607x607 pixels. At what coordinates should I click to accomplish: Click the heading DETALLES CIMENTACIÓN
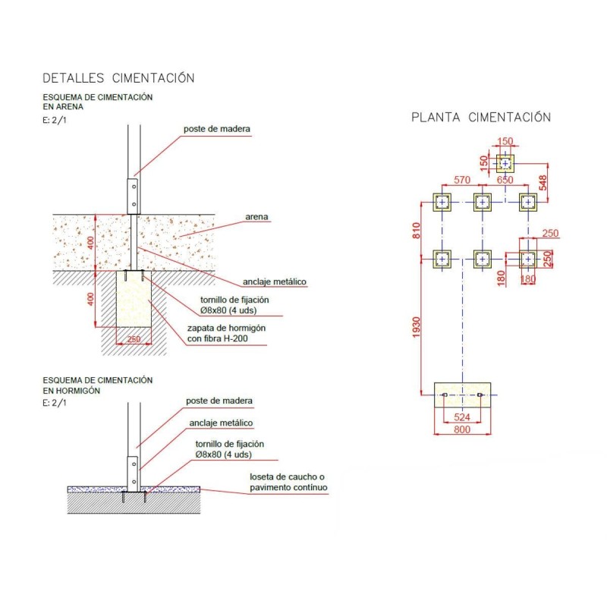click(119, 77)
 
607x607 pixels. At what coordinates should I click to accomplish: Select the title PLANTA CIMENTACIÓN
click(481, 118)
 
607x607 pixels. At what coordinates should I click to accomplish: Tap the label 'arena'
click(256, 217)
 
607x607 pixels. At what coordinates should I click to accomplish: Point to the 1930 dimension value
click(416, 328)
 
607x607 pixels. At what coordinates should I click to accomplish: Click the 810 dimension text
click(416, 231)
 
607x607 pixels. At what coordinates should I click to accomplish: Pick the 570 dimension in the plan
click(461, 181)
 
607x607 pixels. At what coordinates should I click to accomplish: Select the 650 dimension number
click(505, 181)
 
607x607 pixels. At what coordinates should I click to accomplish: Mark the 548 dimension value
click(543, 182)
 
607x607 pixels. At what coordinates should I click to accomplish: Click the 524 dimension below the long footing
click(461, 417)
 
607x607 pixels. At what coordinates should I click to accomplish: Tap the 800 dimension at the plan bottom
click(461, 429)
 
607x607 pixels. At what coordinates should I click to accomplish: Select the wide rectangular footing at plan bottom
click(461, 395)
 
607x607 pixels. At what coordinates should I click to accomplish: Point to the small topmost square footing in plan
click(506, 163)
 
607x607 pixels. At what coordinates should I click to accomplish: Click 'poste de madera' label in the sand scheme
click(217, 129)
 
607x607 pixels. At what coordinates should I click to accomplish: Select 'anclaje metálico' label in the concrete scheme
click(219, 423)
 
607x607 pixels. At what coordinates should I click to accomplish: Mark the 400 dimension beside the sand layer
click(90, 243)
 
